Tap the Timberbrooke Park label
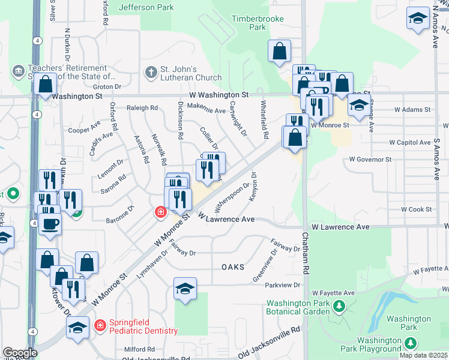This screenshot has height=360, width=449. click(249, 23)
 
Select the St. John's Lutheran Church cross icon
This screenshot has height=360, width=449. click(151, 72)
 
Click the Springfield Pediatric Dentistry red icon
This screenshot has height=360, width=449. click(100, 326)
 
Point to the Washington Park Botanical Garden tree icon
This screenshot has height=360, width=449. click(339, 307)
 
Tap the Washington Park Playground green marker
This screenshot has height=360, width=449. click(411, 344)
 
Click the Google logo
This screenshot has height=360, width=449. click(20, 353)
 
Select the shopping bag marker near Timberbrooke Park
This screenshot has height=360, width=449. click(279, 52)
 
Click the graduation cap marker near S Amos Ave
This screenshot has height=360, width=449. click(418, 19)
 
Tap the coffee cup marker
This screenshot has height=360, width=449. click(50, 224)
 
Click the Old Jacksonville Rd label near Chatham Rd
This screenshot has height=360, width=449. click(273, 334)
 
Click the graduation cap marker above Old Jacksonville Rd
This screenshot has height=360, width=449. click(185, 289)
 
